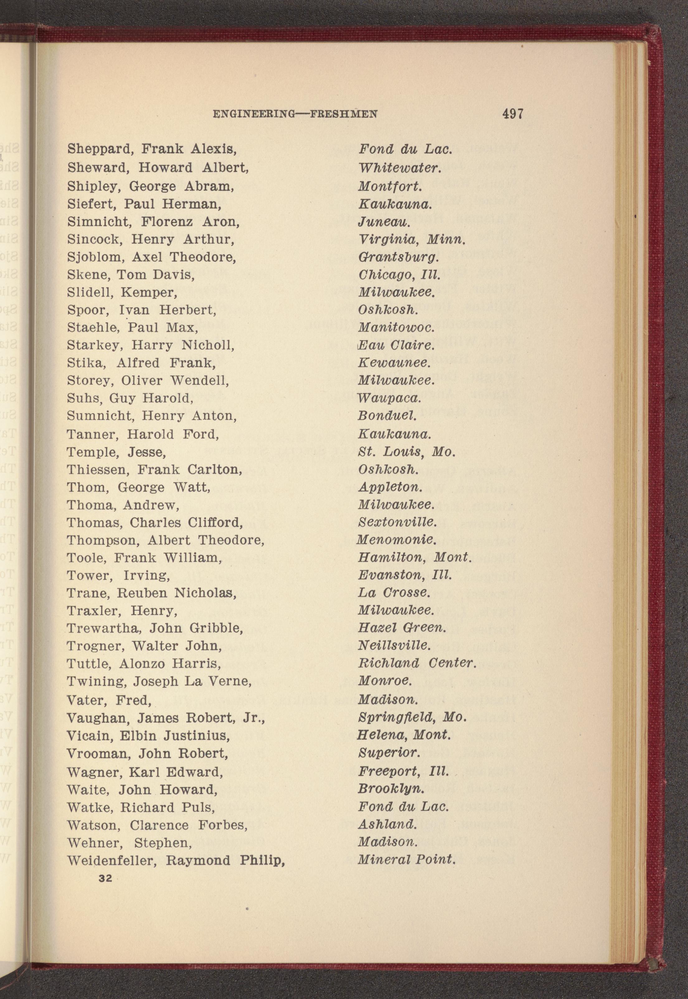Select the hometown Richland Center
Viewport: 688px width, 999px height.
click(x=417, y=663)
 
